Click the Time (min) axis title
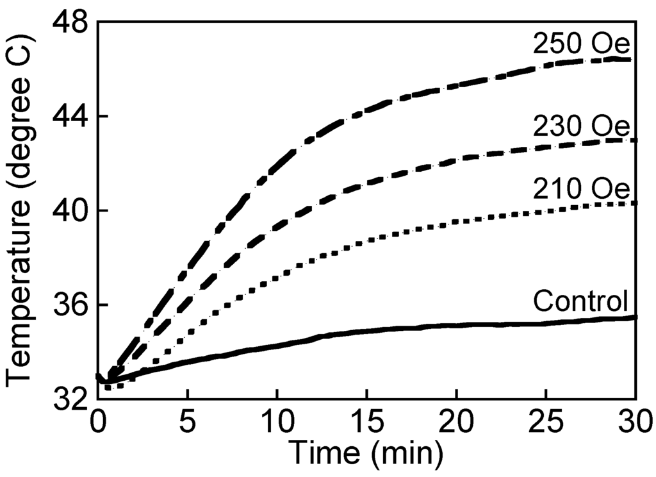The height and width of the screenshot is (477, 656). (365, 453)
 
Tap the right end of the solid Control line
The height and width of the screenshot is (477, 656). (635, 317)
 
